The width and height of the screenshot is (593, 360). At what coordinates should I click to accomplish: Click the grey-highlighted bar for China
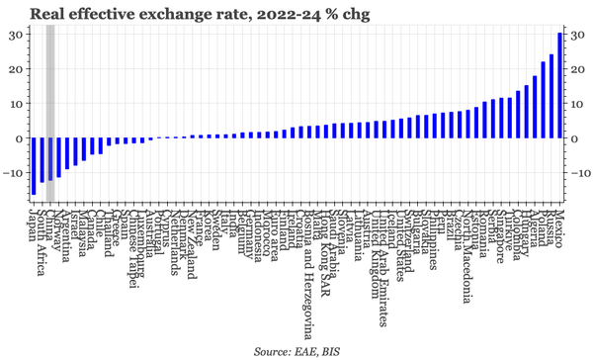(x=50, y=159)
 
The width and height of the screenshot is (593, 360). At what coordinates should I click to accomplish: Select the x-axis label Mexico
(x=559, y=226)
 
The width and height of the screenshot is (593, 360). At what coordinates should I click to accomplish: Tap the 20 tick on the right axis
(x=575, y=69)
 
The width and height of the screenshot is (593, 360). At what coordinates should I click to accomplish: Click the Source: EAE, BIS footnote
(x=295, y=351)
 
